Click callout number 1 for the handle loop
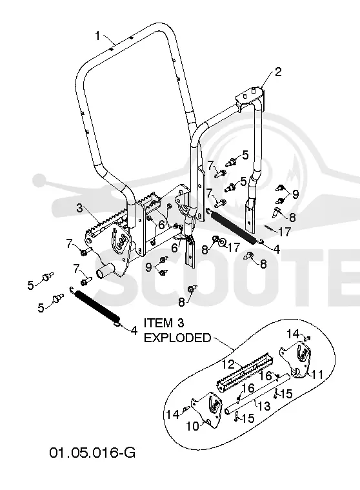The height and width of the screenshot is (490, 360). (x=97, y=36)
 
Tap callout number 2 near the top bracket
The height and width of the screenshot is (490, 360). (x=278, y=72)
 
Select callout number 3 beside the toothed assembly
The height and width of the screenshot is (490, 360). (x=80, y=208)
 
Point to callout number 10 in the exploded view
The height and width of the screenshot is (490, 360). (x=193, y=425)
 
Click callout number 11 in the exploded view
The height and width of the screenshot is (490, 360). (x=317, y=374)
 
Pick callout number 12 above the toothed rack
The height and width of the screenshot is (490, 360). (x=228, y=364)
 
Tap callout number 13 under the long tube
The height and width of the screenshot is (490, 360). (x=264, y=406)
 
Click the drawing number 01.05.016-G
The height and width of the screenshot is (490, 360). (x=92, y=453)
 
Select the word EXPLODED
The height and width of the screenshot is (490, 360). (x=177, y=338)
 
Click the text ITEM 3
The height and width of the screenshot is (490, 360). (x=164, y=323)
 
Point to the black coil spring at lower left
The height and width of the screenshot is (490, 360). (x=97, y=307)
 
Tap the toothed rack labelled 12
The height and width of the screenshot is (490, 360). (x=244, y=373)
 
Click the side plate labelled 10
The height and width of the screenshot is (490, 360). (x=207, y=409)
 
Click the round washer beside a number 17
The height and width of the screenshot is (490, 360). (x=223, y=242)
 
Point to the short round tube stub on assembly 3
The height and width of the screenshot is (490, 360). (x=105, y=271)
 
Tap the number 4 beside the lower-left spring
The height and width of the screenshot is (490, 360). (x=134, y=331)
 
